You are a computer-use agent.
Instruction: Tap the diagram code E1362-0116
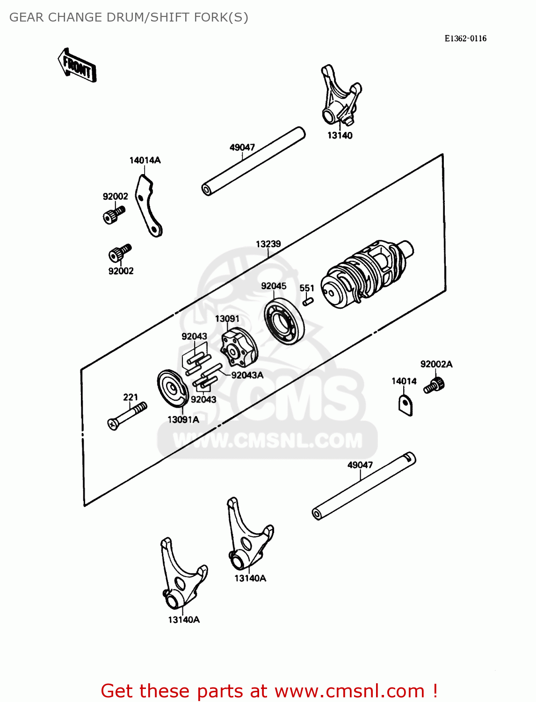[x=465, y=38]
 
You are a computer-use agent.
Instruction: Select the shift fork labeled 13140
[x=340, y=96]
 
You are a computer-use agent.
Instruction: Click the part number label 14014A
[x=145, y=160]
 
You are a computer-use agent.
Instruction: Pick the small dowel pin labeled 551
[x=307, y=301]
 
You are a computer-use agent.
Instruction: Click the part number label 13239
[x=268, y=244]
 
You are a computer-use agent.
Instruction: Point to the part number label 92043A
[x=247, y=375]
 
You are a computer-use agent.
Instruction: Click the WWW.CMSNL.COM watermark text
[x=268, y=440]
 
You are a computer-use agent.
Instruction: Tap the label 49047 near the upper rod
[x=242, y=147]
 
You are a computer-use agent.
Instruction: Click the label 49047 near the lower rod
[x=360, y=465]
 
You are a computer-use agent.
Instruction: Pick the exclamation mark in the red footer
[x=435, y=691]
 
